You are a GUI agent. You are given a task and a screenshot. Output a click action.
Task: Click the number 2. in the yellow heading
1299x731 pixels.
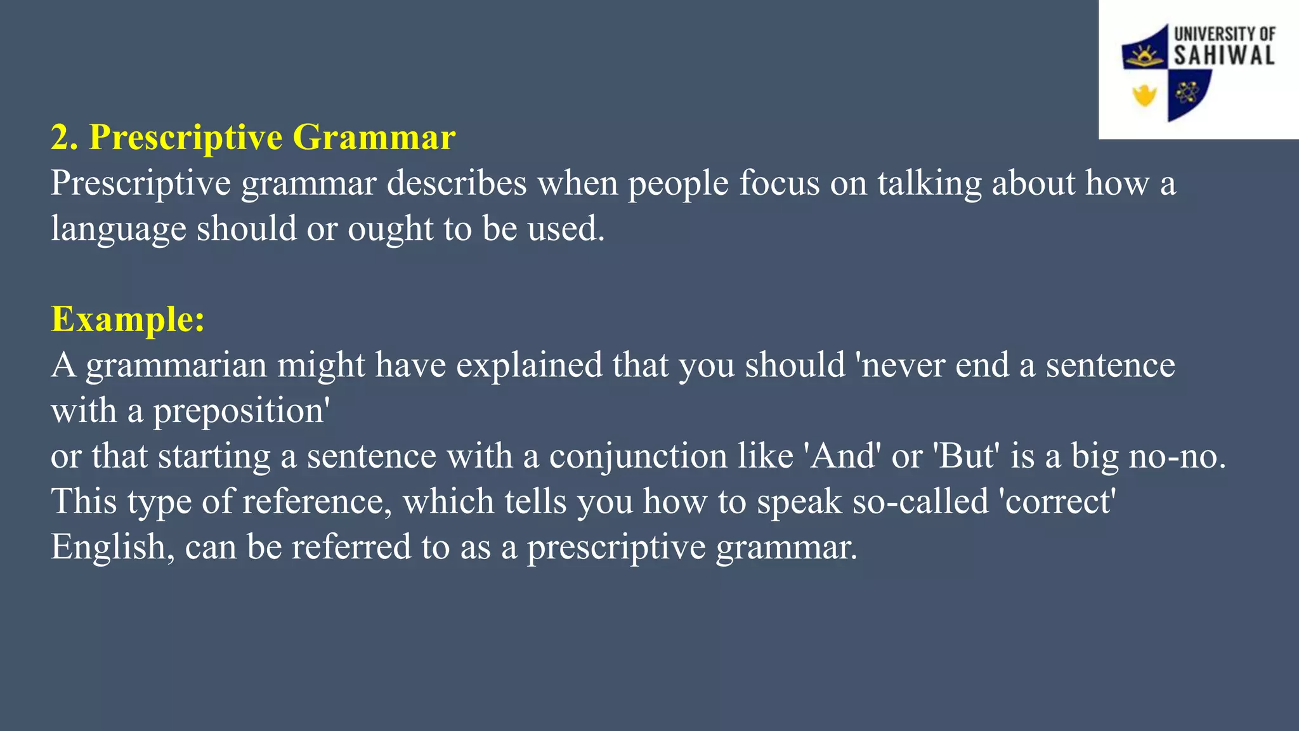click(64, 138)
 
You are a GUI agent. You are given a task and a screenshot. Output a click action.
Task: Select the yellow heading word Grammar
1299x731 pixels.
click(374, 138)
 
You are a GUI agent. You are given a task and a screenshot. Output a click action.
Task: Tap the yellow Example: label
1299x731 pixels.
click(127, 319)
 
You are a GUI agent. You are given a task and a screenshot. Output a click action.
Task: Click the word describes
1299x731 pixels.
click(457, 183)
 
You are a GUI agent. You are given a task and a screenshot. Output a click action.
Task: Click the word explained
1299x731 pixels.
click(529, 366)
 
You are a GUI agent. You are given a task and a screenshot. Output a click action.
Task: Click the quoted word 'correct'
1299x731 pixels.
click(1057, 502)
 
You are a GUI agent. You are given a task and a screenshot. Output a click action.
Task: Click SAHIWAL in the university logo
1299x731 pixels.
click(1224, 55)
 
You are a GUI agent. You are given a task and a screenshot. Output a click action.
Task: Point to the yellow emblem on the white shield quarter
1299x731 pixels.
click(1144, 96)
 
